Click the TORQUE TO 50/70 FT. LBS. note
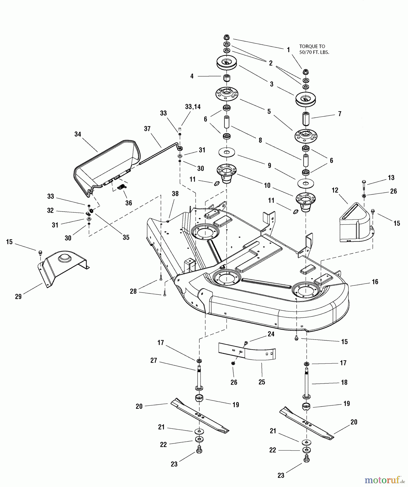click(314, 50)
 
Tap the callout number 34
click(78, 134)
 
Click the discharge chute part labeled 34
click(108, 165)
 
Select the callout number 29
click(18, 297)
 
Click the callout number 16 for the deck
click(375, 282)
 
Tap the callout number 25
click(262, 382)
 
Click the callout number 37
click(147, 129)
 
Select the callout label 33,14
click(193, 107)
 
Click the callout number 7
click(340, 114)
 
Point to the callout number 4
click(192, 76)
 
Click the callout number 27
click(154, 361)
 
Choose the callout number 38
click(175, 194)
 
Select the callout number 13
click(391, 178)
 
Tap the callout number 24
click(271, 334)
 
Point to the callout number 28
click(133, 292)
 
